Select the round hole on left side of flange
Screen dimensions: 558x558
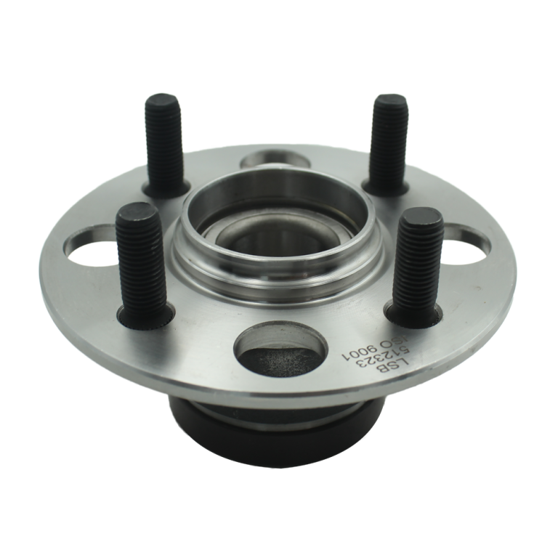click(x=92, y=246)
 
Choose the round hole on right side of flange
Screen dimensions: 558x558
click(x=467, y=246)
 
